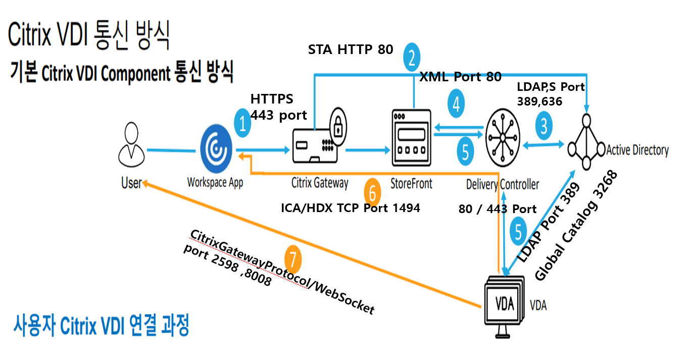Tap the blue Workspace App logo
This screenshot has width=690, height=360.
coord(216,149)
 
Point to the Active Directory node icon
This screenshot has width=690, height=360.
coord(586,142)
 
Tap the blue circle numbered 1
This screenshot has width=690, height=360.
coord(242,123)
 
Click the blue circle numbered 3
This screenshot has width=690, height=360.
coord(544,126)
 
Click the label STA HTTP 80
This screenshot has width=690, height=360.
coord(351,49)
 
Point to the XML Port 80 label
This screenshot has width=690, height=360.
coord(461,76)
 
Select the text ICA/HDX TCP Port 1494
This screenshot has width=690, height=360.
coord(351,208)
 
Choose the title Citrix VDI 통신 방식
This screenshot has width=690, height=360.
coord(88,35)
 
